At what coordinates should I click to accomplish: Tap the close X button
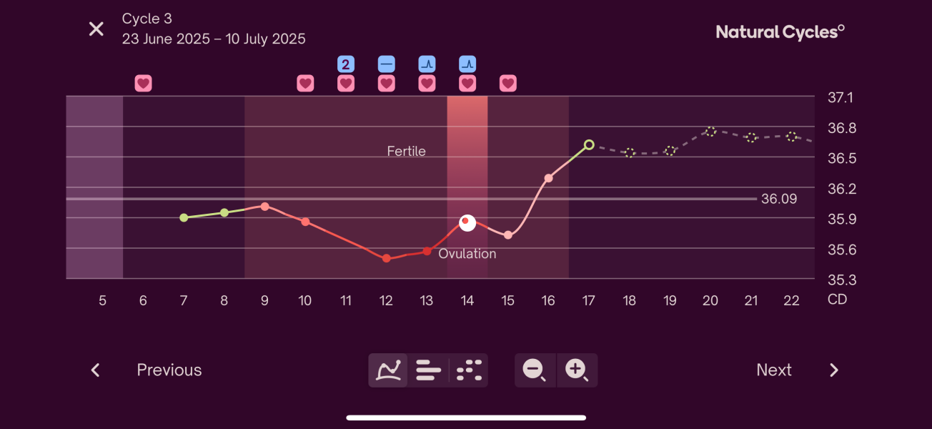click(x=96, y=29)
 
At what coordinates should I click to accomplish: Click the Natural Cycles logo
click(x=780, y=31)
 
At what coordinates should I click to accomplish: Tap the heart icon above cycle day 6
click(x=143, y=84)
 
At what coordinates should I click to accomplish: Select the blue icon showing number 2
click(x=346, y=64)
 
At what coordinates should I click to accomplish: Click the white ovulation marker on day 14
click(x=467, y=223)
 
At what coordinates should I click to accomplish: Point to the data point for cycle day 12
click(x=386, y=258)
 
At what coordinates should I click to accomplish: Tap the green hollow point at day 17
click(x=589, y=144)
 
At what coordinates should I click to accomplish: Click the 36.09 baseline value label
click(x=778, y=199)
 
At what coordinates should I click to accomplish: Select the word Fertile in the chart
click(x=406, y=151)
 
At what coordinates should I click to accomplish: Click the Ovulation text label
click(x=467, y=254)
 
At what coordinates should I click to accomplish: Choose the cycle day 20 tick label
click(x=710, y=301)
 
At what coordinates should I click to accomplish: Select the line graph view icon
click(x=388, y=370)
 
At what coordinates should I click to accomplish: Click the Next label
click(x=773, y=370)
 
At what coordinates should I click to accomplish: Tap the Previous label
click(x=169, y=370)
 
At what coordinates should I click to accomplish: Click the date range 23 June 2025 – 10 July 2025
click(x=214, y=39)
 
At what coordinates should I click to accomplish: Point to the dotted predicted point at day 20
click(x=710, y=132)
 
